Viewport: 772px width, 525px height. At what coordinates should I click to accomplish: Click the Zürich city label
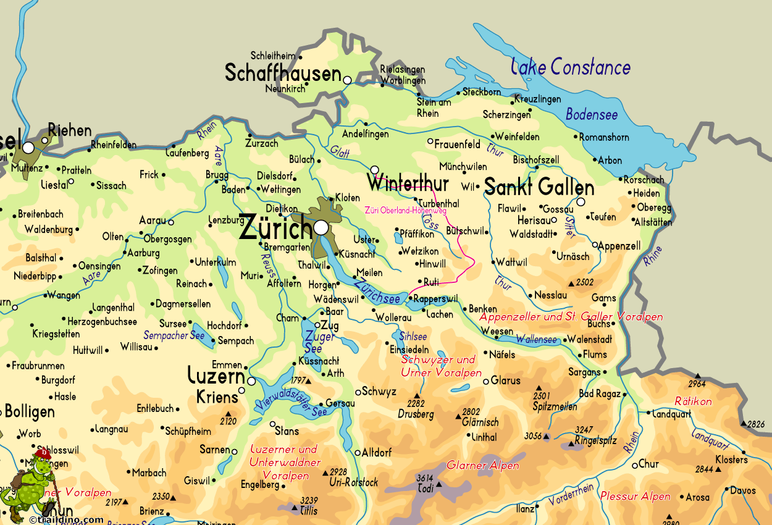pos(275,228)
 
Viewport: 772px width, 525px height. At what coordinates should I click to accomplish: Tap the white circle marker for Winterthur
pos(374,170)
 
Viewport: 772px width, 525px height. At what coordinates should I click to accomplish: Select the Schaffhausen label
pos(283,73)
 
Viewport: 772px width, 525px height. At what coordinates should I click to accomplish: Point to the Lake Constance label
pos(571,67)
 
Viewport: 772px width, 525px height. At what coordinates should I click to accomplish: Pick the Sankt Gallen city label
pos(539,187)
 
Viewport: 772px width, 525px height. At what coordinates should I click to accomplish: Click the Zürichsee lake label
pos(377,290)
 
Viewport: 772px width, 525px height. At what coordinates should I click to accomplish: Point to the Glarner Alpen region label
pos(483,466)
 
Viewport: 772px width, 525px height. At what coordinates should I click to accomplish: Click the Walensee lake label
pos(536,339)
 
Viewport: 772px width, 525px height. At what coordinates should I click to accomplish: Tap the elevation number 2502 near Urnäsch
pos(584,282)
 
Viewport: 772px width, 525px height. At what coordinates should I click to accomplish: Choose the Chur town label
pos(648,464)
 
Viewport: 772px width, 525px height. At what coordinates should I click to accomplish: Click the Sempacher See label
pos(174,335)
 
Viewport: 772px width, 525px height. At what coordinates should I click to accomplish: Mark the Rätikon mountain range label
pos(693,401)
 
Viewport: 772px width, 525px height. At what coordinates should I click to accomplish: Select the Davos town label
pos(742,491)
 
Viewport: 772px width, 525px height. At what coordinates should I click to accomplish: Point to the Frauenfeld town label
pos(457,145)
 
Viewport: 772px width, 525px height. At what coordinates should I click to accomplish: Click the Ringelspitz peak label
pos(595,441)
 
